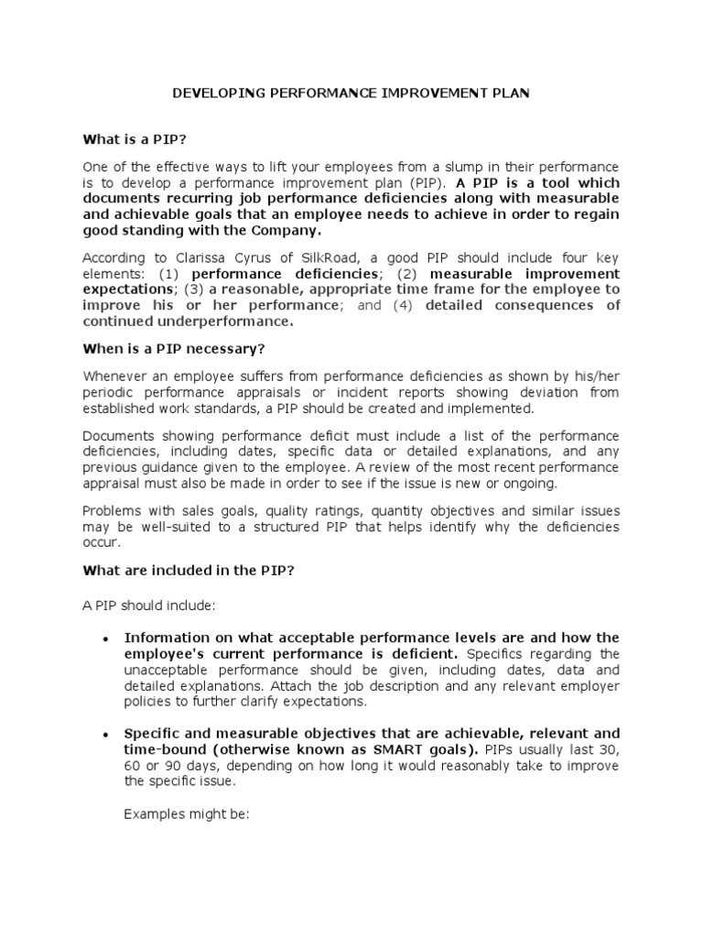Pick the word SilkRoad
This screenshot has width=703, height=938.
tap(297, 258)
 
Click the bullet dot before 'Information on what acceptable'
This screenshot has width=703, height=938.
tap(107, 638)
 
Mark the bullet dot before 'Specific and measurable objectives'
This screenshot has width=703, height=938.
tap(107, 735)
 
